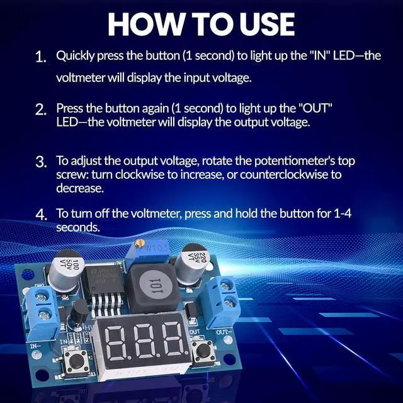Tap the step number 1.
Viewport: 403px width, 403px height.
(42, 57)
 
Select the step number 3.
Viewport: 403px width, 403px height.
(42, 162)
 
